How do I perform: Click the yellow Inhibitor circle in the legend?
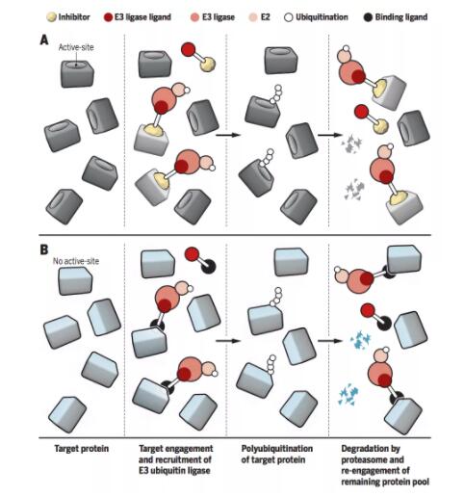[51, 17]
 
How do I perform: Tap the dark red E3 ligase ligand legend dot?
[109, 17]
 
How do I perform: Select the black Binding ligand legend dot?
[369, 17]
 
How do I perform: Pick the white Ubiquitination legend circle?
[289, 17]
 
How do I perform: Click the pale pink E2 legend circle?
[253, 17]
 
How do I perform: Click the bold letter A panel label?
[44, 40]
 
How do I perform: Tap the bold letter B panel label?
[44, 249]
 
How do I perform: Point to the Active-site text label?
[76, 47]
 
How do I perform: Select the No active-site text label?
[76, 261]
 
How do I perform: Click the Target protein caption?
[82, 449]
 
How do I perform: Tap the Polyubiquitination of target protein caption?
[277, 454]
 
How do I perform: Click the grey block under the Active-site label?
[77, 73]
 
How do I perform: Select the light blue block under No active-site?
[75, 280]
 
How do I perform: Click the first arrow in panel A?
[228, 135]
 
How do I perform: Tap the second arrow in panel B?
[330, 341]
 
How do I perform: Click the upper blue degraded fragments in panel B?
[360, 341]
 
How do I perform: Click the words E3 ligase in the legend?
[219, 17]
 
